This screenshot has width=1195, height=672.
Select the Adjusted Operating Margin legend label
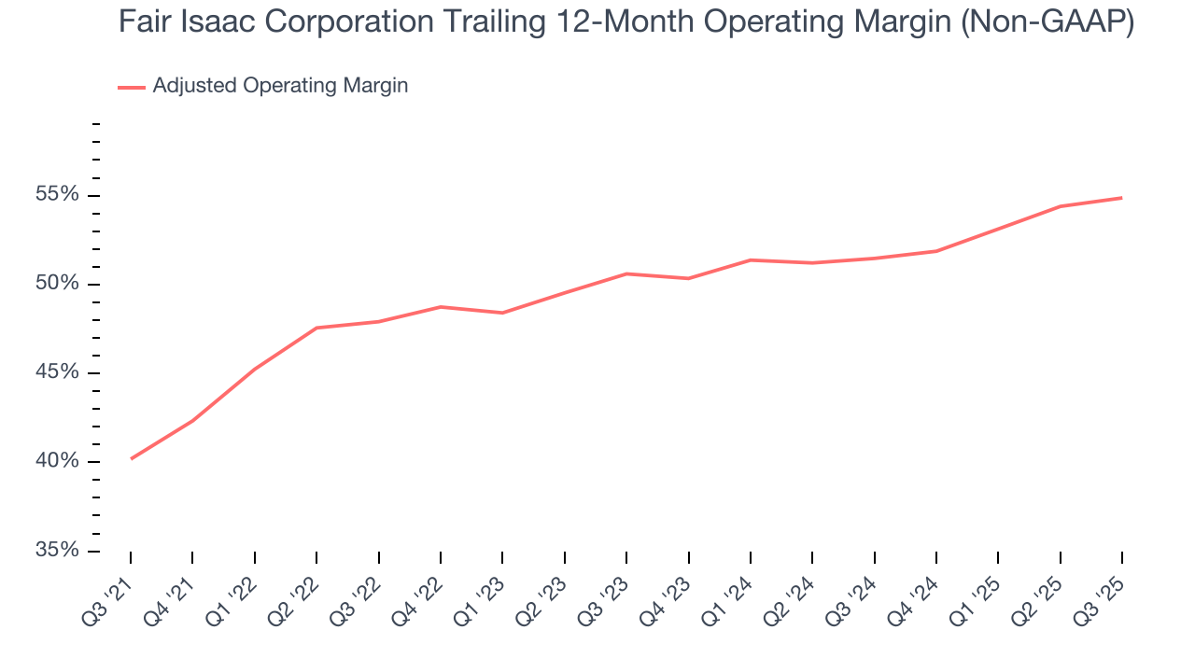(x=280, y=86)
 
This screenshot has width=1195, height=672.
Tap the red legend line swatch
(x=132, y=87)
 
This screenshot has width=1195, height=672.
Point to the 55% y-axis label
(x=57, y=195)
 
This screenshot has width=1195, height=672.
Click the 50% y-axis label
(x=57, y=284)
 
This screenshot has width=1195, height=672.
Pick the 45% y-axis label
(x=57, y=372)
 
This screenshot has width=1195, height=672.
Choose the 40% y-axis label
(x=57, y=461)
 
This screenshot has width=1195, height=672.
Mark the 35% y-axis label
(x=57, y=550)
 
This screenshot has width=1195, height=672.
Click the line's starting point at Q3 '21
(x=131, y=458)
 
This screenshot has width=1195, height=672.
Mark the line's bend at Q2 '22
(x=316, y=328)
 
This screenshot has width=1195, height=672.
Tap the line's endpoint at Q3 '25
(x=1121, y=198)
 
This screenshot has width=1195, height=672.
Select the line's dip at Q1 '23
(x=502, y=313)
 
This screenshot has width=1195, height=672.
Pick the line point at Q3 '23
(x=626, y=273)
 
